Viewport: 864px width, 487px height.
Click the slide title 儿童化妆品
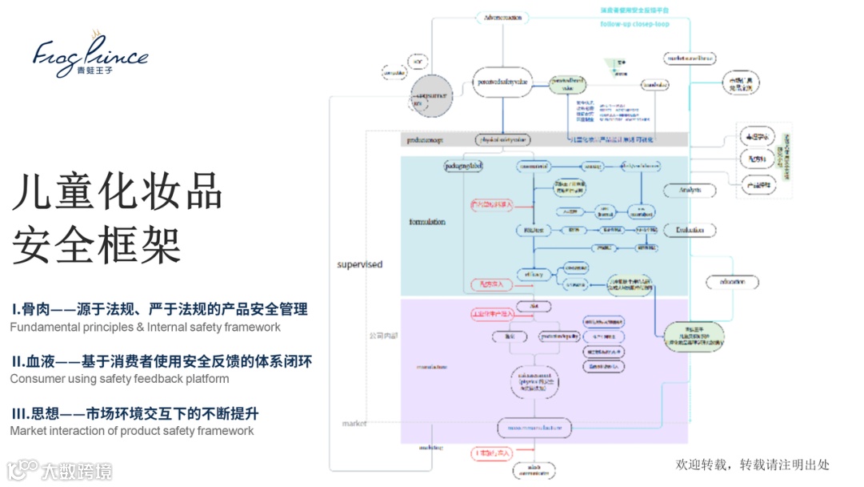coord(117,193)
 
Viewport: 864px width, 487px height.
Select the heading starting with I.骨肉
coord(159,309)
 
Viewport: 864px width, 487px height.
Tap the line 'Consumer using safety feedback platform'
coord(119,378)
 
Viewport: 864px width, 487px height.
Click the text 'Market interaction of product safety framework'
coord(132,431)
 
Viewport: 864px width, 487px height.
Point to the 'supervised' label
coord(359,264)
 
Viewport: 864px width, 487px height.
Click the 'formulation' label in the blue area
coord(426,222)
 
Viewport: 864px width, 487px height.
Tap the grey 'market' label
coord(354,423)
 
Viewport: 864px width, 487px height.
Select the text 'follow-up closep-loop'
coord(634,24)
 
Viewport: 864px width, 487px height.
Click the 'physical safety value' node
coord(502,139)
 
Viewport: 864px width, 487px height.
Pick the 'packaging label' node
coord(464,166)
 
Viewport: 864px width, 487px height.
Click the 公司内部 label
coord(382,335)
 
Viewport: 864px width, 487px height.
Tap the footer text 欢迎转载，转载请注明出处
coord(752,465)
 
